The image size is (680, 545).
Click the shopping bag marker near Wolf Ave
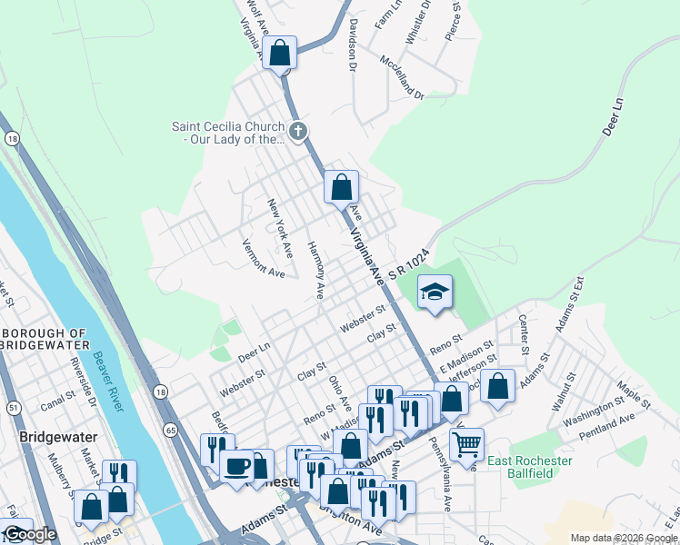tap(281, 53)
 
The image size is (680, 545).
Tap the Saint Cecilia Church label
tap(228, 133)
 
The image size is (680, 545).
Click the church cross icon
tap(297, 132)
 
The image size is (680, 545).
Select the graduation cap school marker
tap(435, 292)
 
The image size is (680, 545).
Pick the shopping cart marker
tap(466, 444)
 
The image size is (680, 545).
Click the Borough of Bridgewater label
tap(45, 339)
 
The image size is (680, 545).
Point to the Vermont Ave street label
tap(263, 258)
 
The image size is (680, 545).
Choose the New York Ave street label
tap(279, 225)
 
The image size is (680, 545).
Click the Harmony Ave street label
tap(315, 270)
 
